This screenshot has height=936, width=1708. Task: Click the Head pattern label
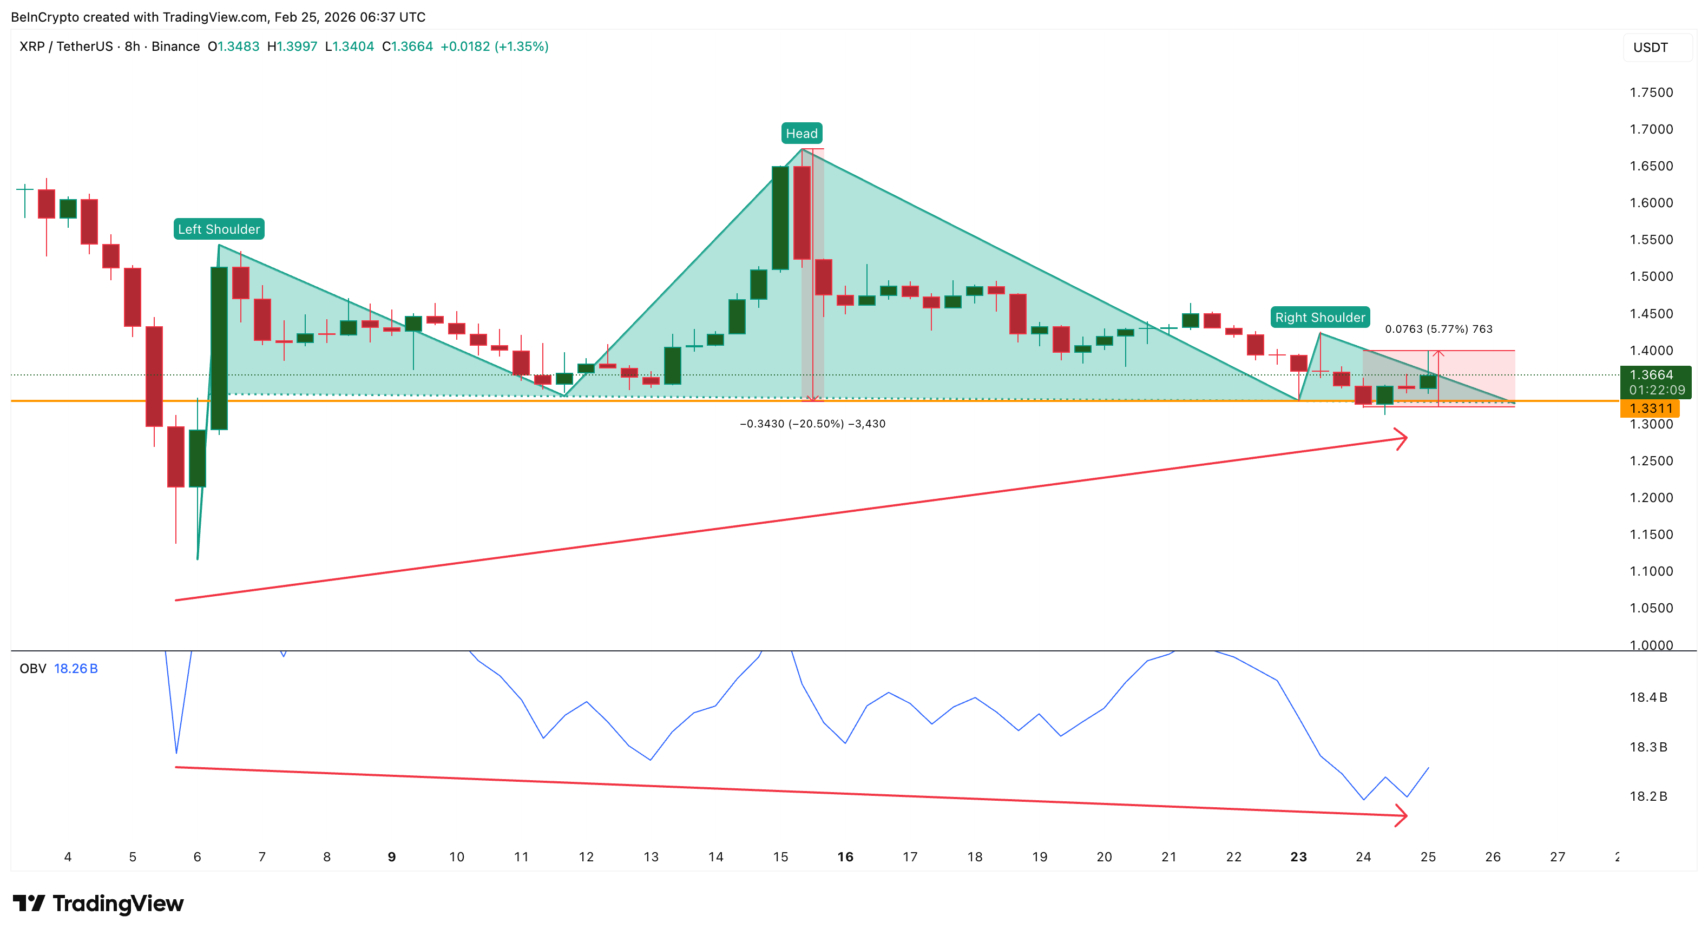(x=802, y=133)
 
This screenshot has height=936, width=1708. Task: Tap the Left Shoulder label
(x=219, y=229)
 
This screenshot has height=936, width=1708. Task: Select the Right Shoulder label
(x=1319, y=317)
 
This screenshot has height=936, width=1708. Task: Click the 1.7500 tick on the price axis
(x=1651, y=92)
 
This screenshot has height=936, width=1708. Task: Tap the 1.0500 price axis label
(x=1651, y=608)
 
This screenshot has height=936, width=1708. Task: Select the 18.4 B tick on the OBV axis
(x=1648, y=697)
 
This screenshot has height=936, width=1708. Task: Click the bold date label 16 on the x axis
(x=845, y=856)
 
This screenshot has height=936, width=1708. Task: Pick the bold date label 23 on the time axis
(x=1298, y=856)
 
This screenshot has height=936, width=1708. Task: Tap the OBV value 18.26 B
(x=76, y=668)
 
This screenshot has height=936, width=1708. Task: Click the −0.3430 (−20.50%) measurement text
(x=812, y=424)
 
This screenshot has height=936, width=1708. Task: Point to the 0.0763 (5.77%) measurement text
(x=1438, y=329)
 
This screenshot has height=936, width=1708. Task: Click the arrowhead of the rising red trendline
(x=1402, y=438)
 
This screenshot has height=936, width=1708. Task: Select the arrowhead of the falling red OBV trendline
(x=1402, y=815)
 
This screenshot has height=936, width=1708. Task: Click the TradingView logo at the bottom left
(x=98, y=903)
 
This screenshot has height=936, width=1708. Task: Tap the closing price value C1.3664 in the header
(x=407, y=47)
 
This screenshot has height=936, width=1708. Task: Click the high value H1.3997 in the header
(x=292, y=47)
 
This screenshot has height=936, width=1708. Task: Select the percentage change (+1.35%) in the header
(x=521, y=47)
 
